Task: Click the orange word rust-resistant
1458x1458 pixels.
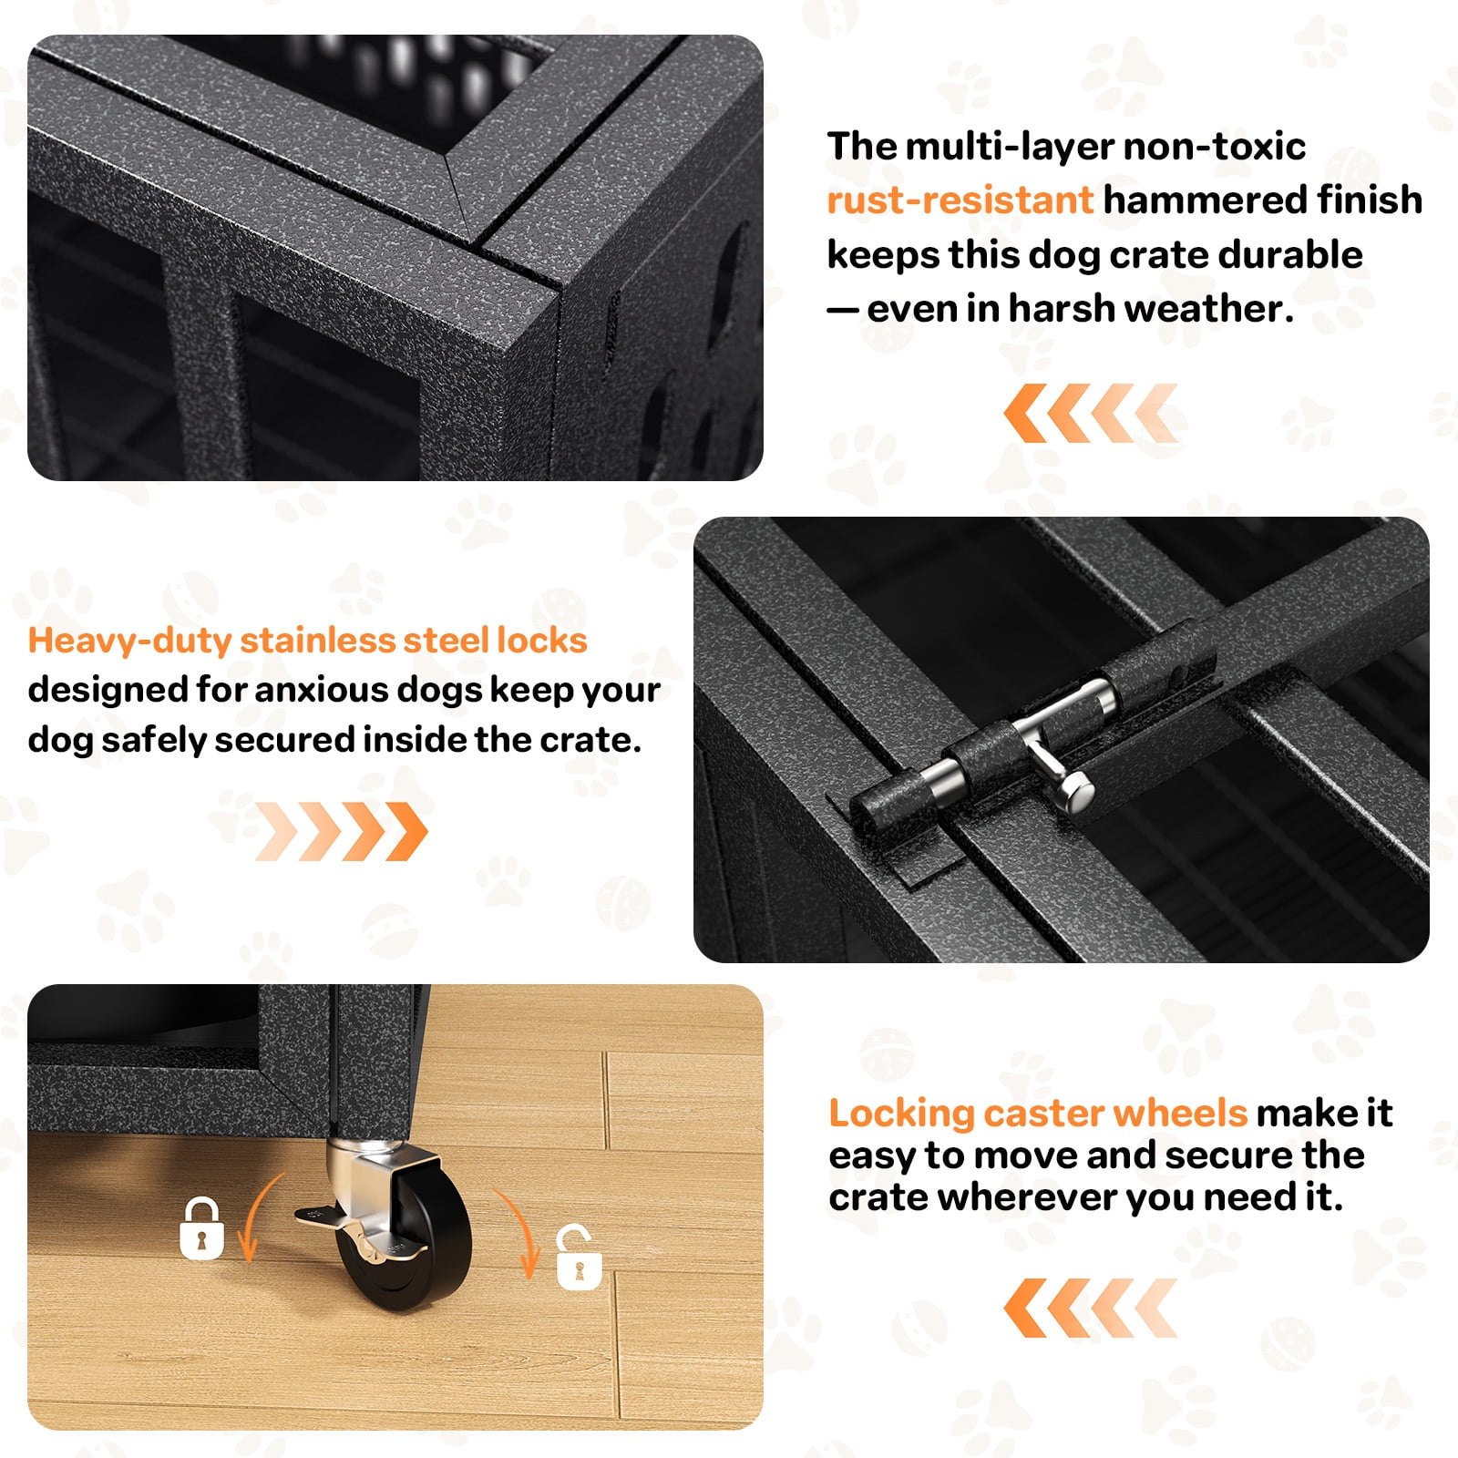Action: point(960,200)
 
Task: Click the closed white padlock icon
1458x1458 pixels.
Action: point(201,1229)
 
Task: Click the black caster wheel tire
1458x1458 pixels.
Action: point(415,1239)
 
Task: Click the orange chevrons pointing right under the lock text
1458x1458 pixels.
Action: point(341,831)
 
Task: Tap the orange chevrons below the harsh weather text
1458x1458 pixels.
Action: point(1091,413)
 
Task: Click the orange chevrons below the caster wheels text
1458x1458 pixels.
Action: point(1091,1308)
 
